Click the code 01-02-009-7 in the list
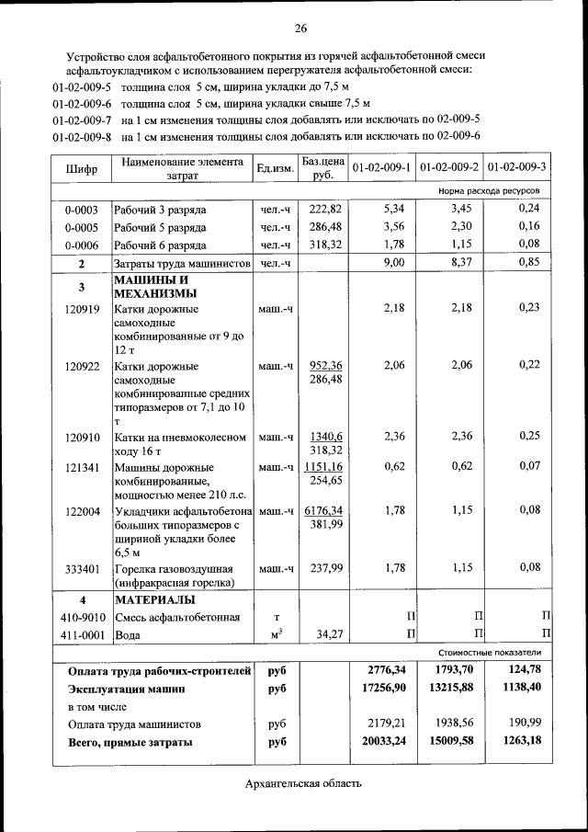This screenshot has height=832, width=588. pyautogui.click(x=82, y=120)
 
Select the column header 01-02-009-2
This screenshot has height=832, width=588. pyautogui.click(x=449, y=167)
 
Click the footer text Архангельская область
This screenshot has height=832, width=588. pyautogui.click(x=303, y=784)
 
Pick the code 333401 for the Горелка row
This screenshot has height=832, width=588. pyautogui.click(x=82, y=568)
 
